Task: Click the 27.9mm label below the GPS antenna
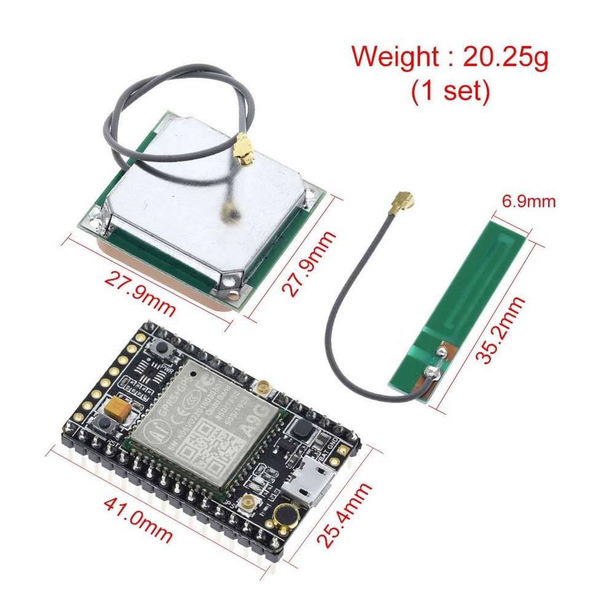[141, 290]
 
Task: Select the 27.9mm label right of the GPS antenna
[309, 264]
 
